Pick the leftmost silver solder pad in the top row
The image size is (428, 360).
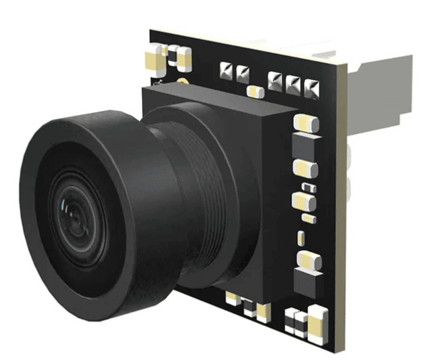pos(226,69)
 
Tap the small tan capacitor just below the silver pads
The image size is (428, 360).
pos(253,91)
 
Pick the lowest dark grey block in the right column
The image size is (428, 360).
pos(308,263)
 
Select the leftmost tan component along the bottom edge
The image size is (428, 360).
pos(232,299)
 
